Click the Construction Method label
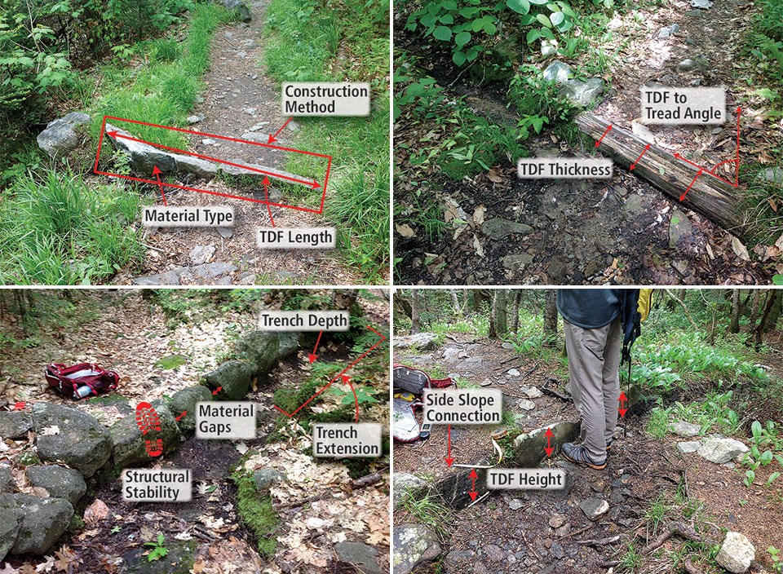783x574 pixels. tap(326, 99)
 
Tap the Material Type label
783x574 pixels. tap(188, 216)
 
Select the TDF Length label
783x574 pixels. tap(296, 237)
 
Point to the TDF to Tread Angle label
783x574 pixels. tap(683, 105)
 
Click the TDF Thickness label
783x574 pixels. tap(566, 170)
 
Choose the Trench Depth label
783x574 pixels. tap(304, 321)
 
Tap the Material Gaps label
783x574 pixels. tap(226, 419)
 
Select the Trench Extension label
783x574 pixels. tap(347, 440)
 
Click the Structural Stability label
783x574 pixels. tap(157, 484)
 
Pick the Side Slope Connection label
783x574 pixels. tap(463, 408)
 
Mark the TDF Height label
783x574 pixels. tap(525, 479)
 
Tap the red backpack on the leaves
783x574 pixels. tap(82, 380)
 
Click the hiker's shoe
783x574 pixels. tap(583, 455)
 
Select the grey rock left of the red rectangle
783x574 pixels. tap(63, 132)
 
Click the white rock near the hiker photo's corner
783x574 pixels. tap(736, 551)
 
